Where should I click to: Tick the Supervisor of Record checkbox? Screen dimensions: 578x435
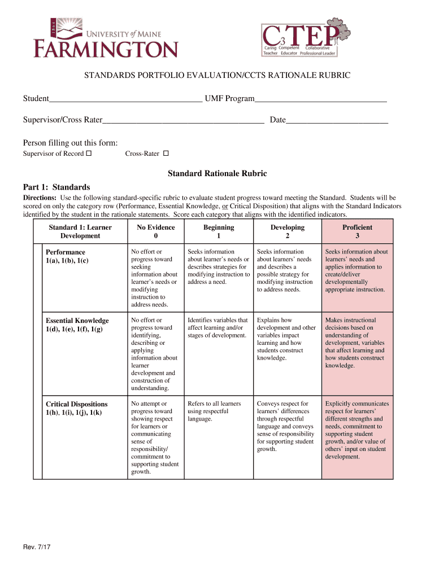click(x=89, y=154)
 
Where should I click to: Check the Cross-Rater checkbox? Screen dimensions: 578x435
click(x=166, y=154)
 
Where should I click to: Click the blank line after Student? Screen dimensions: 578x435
click(x=125, y=99)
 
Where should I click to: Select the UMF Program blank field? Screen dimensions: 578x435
click(x=320, y=99)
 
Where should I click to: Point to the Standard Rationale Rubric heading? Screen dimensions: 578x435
click(x=217, y=174)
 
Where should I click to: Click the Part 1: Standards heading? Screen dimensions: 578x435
click(x=56, y=187)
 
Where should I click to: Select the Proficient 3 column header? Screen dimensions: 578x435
click(x=357, y=231)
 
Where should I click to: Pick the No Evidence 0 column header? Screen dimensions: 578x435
click(x=155, y=231)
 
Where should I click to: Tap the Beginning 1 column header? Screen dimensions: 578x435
click(x=218, y=231)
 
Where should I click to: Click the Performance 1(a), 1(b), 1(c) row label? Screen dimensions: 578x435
click(x=67, y=256)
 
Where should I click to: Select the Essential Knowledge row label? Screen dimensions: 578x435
click(x=77, y=325)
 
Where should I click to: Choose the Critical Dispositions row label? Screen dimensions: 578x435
click(x=76, y=408)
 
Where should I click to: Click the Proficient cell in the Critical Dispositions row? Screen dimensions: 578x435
click(x=357, y=430)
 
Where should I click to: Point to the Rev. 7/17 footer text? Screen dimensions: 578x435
click(x=37, y=546)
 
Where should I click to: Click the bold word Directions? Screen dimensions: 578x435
click(x=39, y=198)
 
